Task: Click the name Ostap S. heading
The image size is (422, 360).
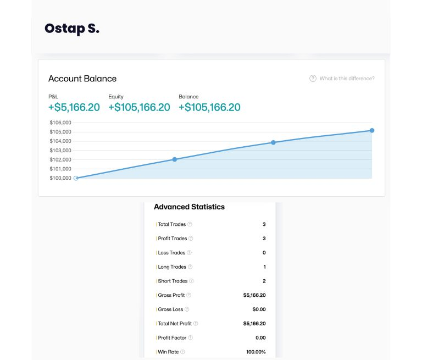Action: pyautogui.click(x=72, y=29)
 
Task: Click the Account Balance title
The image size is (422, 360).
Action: pyautogui.click(x=82, y=79)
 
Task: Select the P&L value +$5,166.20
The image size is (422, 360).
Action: pyautogui.click(x=74, y=107)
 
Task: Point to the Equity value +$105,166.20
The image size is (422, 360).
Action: pyautogui.click(x=139, y=107)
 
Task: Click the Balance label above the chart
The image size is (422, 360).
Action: pyautogui.click(x=188, y=97)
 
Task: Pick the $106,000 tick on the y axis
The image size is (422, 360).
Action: pyautogui.click(x=60, y=123)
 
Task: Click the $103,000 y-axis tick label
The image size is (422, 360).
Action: pyautogui.click(x=60, y=150)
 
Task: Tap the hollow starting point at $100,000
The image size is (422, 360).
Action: pyautogui.click(x=76, y=178)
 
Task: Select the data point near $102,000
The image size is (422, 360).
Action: pyautogui.click(x=175, y=159)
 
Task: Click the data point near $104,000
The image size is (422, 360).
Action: pyautogui.click(x=273, y=142)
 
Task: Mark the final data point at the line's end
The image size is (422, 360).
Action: pyautogui.click(x=372, y=130)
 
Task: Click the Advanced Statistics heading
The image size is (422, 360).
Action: pyautogui.click(x=189, y=207)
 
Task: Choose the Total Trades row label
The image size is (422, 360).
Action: pyautogui.click(x=172, y=224)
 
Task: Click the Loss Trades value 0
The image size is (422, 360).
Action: pyautogui.click(x=264, y=253)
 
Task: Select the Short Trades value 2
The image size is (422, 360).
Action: pyautogui.click(x=264, y=281)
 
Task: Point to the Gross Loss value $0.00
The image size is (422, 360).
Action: pyautogui.click(x=258, y=309)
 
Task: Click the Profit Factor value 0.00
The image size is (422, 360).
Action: pyautogui.click(x=260, y=337)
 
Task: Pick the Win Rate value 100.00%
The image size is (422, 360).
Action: pyautogui.click(x=256, y=352)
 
